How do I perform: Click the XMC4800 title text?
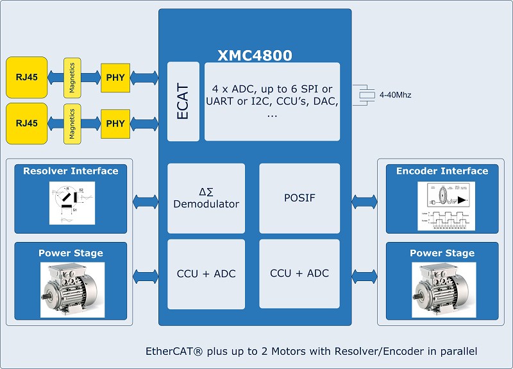(x=255, y=55)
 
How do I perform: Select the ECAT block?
(x=183, y=101)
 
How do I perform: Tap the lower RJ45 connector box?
(x=27, y=123)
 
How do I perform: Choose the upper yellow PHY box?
(x=115, y=78)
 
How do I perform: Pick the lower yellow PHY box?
(x=115, y=123)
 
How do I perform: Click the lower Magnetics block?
(x=72, y=123)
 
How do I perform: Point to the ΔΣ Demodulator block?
(x=206, y=198)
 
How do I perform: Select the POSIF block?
(x=299, y=198)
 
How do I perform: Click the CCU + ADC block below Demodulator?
(x=206, y=273)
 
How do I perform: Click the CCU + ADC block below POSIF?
(x=299, y=273)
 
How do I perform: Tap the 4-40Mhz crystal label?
(x=395, y=95)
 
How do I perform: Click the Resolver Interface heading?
(x=71, y=171)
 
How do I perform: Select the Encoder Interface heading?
(x=442, y=171)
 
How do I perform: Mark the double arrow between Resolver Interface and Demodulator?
(x=145, y=202)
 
